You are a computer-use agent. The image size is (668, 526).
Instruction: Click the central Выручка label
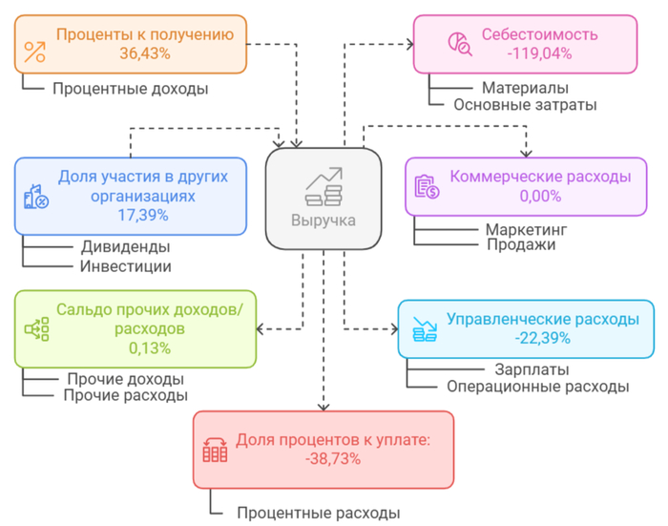coord(324,221)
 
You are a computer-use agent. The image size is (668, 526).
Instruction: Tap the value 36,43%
coord(144,53)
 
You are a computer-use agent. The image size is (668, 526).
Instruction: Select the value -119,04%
coord(539,53)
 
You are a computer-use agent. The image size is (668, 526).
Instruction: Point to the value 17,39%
coord(139,214)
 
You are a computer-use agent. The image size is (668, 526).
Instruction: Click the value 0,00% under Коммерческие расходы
coord(540,196)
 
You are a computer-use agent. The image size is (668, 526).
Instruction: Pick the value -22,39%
coord(542,337)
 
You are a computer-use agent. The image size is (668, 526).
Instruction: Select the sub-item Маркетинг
coord(526,229)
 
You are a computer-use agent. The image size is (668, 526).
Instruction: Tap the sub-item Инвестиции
coord(126,266)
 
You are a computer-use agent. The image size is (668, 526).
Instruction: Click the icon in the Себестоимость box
coord(459,43)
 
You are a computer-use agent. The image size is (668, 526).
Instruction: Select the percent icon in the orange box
coord(35,53)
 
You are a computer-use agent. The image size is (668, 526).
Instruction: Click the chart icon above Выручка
coord(324,186)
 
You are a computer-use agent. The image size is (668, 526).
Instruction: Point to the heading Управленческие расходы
coord(543,319)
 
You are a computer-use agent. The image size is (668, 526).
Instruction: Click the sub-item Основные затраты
coord(525,105)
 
